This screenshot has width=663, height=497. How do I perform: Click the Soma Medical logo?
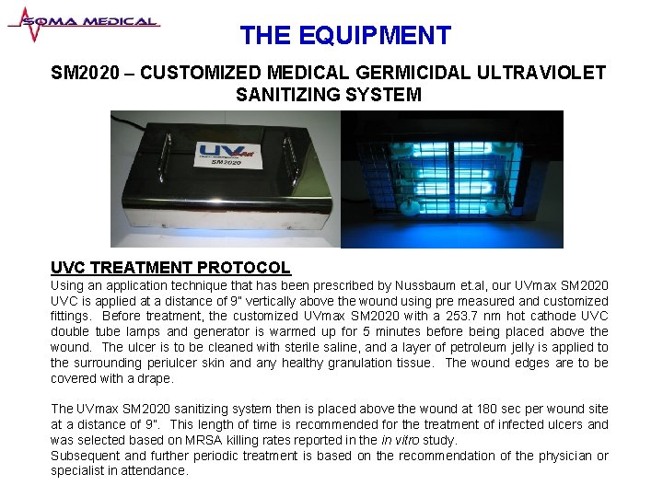click(x=83, y=23)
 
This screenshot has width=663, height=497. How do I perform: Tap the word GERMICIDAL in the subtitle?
click(x=420, y=72)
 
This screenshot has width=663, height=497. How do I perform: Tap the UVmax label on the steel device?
click(x=224, y=153)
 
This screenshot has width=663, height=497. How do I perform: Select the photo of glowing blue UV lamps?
click(x=451, y=179)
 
